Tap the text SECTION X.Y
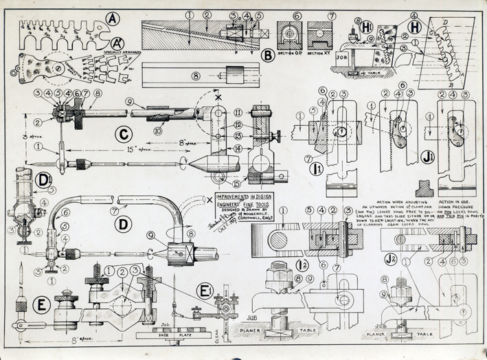pyautogui.click(x=321, y=52)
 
